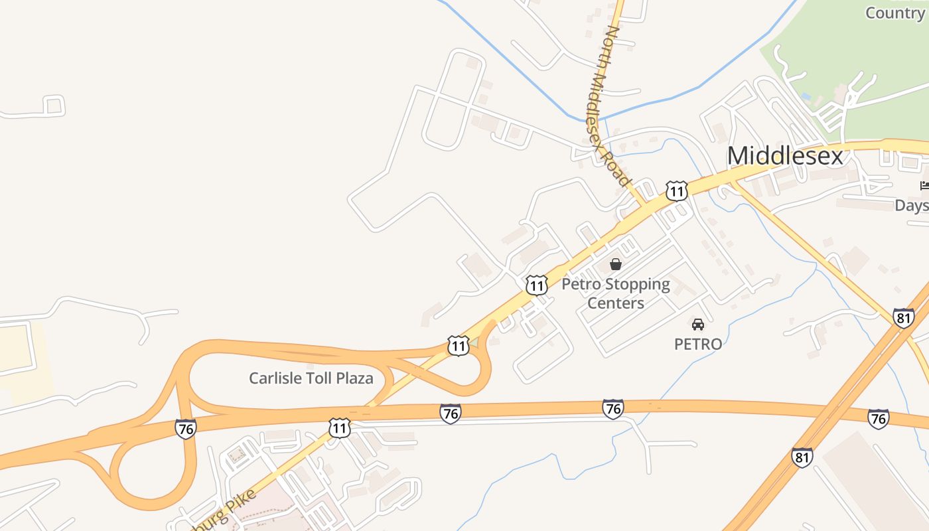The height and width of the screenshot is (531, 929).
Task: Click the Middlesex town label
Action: [x=785, y=156]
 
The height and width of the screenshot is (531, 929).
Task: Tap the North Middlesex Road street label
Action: [x=608, y=106]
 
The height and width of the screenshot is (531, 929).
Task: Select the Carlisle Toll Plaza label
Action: [x=311, y=378]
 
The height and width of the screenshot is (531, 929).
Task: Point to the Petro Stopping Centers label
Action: [x=616, y=293]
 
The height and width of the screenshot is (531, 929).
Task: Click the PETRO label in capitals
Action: [x=698, y=344]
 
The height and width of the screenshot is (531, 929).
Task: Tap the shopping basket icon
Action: [x=616, y=264]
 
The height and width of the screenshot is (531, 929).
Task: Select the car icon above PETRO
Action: [x=698, y=325]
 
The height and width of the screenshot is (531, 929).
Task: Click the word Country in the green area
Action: [x=894, y=13]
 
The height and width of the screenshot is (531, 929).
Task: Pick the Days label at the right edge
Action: [x=912, y=206]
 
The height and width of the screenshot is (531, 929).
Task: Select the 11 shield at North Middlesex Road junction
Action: [x=676, y=191]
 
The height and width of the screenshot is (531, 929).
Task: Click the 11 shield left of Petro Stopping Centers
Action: [x=536, y=285]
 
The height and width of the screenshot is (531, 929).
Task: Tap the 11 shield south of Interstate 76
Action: [x=339, y=427]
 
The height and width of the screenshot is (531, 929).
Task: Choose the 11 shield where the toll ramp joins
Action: [x=458, y=345]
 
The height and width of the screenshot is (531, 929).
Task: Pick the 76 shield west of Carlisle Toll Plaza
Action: [x=186, y=428]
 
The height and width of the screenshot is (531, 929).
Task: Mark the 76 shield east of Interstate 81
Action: [x=878, y=418]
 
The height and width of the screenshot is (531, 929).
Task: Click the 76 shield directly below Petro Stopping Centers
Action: [x=612, y=409]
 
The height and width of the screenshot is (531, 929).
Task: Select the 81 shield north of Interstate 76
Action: [x=903, y=317]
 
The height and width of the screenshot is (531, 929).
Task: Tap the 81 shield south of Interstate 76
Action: [x=802, y=457]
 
